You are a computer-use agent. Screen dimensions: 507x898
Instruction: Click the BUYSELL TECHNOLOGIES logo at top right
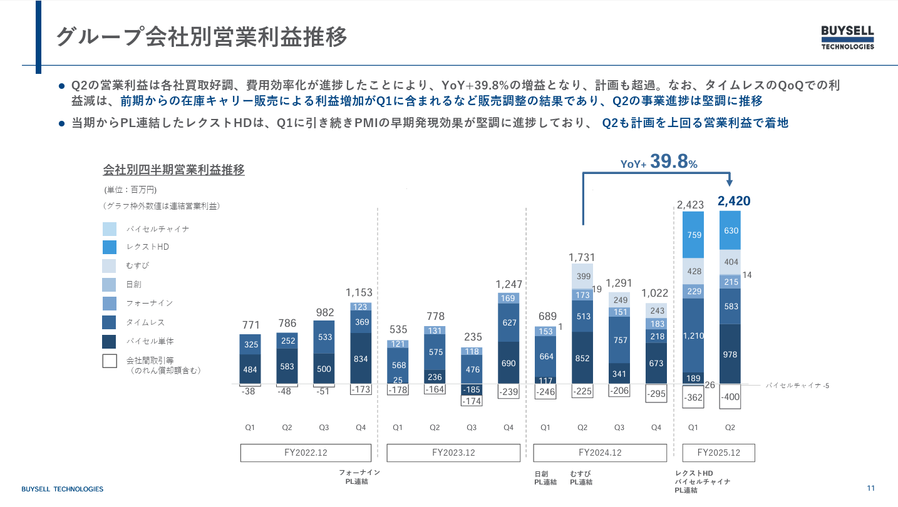tap(847, 38)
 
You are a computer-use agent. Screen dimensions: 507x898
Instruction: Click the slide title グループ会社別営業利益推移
tap(201, 36)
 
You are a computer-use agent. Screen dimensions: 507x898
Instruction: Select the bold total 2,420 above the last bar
tap(733, 201)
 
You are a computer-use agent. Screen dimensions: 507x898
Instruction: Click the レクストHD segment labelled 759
tap(693, 235)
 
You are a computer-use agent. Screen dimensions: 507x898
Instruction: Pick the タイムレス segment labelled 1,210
tap(693, 335)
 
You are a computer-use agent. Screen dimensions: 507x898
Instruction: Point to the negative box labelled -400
tap(730, 397)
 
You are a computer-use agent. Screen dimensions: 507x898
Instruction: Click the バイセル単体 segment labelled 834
tap(361, 359)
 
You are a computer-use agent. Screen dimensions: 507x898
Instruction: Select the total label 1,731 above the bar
tap(582, 257)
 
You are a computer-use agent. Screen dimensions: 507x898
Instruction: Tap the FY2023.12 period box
tap(453, 453)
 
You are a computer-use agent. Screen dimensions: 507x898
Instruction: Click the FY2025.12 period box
tap(718, 453)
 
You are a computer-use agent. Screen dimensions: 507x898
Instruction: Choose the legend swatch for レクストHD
tap(109, 247)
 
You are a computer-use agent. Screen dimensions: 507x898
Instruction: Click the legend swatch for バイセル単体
tap(109, 341)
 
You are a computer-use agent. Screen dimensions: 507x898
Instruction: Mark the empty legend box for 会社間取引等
tap(109, 361)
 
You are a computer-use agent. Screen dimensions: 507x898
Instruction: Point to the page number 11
tap(870, 488)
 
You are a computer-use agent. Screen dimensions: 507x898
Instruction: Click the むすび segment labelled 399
tap(582, 276)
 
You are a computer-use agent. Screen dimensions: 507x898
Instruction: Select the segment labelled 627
tap(508, 322)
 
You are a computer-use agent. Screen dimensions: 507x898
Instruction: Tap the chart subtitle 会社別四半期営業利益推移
tap(173, 170)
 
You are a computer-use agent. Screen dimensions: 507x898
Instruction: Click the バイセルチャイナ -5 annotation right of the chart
tap(797, 386)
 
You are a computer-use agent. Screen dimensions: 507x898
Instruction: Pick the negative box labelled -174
tap(472, 401)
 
